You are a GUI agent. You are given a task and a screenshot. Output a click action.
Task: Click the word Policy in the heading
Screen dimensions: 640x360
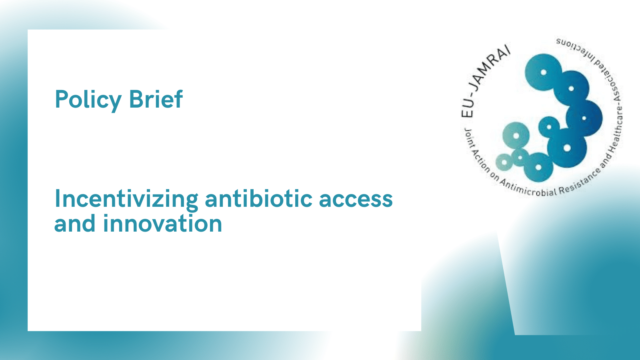pos(88,100)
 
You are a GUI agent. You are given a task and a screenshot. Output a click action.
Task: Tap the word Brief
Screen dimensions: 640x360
pos(156,99)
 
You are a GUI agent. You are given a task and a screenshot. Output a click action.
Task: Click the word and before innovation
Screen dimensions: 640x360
pos(75,223)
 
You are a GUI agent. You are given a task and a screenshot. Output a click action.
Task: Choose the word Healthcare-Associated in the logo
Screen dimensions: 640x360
pos(614,114)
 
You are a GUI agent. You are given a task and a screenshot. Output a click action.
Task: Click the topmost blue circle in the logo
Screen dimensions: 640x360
pos(544,72)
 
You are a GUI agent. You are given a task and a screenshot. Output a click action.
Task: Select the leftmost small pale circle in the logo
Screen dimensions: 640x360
pos(504,162)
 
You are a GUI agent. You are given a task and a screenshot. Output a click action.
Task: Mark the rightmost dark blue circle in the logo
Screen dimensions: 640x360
pos(584,118)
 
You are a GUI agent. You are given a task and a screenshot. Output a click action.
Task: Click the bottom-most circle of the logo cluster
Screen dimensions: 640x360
pos(538,168)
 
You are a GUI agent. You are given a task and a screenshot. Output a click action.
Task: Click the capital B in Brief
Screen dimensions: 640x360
pos(136,99)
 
